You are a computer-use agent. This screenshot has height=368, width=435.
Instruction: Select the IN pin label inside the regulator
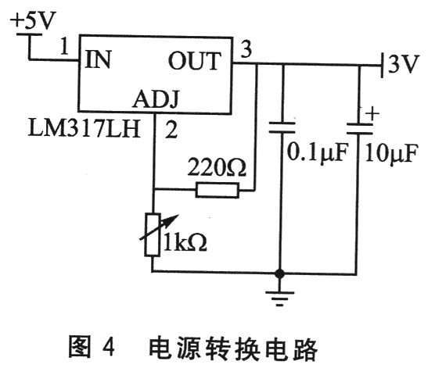click(x=99, y=59)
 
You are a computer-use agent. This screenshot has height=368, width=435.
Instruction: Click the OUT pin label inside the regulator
click(x=195, y=61)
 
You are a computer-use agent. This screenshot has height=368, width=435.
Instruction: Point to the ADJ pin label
click(x=156, y=99)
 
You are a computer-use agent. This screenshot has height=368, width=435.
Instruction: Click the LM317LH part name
click(x=84, y=129)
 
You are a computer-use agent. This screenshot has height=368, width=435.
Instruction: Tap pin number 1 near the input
click(x=64, y=46)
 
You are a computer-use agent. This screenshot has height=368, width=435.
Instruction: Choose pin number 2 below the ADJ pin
click(x=171, y=130)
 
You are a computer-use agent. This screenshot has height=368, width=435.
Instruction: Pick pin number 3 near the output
click(x=246, y=49)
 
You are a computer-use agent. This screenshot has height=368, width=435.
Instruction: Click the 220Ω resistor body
click(x=217, y=190)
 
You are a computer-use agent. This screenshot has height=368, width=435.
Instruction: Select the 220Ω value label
click(x=217, y=167)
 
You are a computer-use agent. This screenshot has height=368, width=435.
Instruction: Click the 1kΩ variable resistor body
click(x=153, y=234)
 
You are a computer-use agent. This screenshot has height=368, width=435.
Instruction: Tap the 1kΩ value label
click(x=185, y=241)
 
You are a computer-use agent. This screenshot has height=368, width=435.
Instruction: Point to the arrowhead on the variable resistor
click(x=173, y=219)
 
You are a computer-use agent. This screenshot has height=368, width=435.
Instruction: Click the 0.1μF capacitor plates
click(x=282, y=128)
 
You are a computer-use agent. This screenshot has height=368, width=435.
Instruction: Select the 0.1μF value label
click(x=317, y=152)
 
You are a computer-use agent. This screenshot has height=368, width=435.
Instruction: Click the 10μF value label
click(x=391, y=152)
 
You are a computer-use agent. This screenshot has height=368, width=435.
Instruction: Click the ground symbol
click(x=279, y=298)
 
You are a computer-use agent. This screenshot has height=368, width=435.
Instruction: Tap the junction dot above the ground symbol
click(x=279, y=273)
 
